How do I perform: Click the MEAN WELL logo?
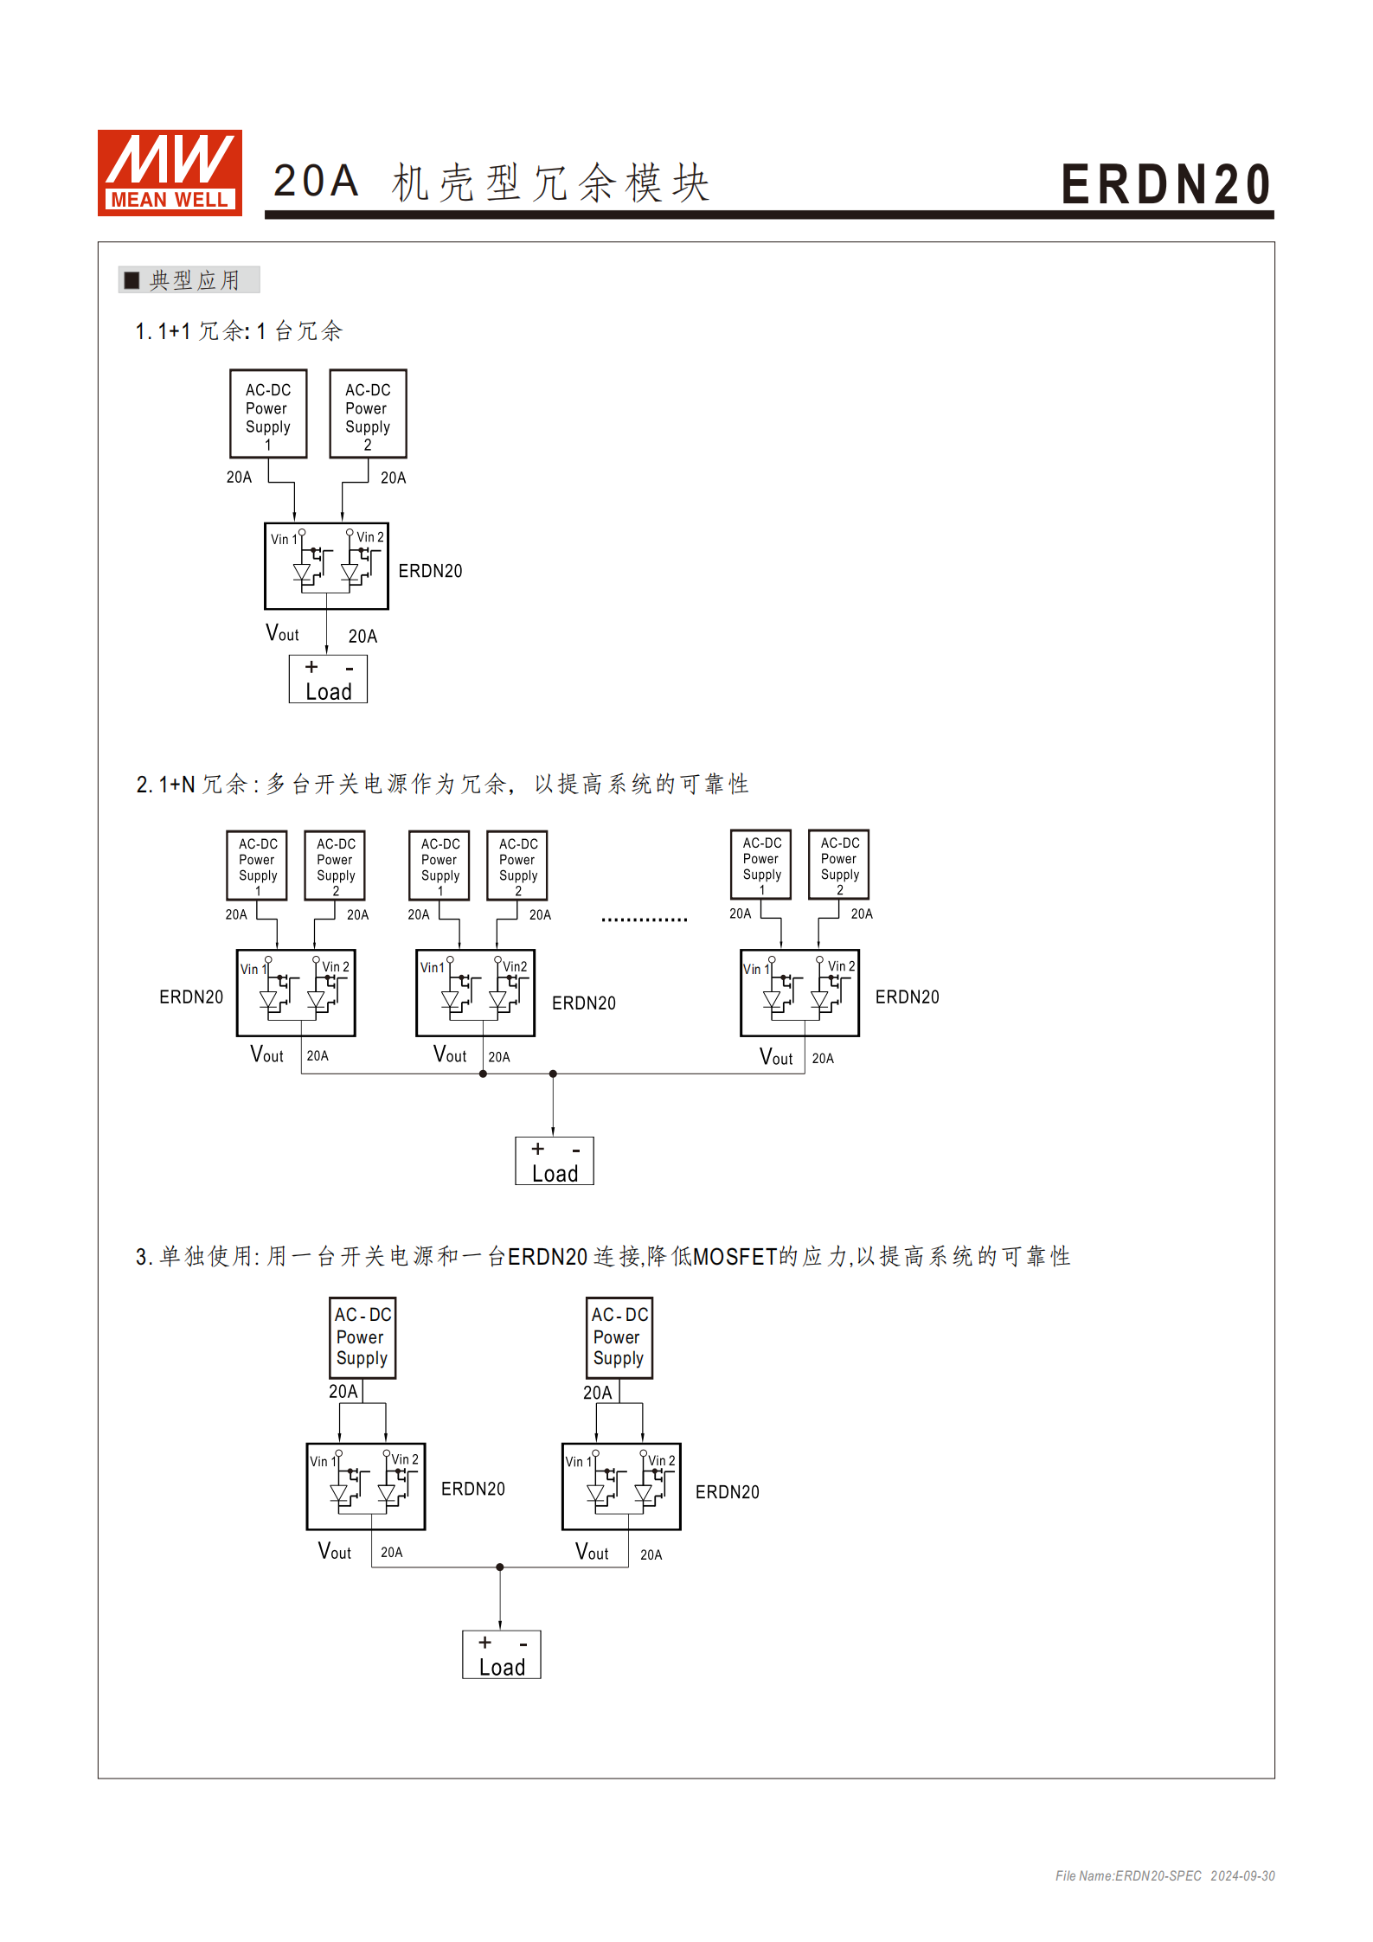tap(170, 172)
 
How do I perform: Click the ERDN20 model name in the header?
tap(1165, 184)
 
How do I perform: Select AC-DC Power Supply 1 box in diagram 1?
tap(268, 413)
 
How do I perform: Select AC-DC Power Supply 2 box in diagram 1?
tap(368, 413)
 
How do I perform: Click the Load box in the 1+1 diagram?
tap(328, 679)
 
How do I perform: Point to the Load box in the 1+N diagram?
tap(555, 1161)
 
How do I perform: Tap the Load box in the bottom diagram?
tap(502, 1655)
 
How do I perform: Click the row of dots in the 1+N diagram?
tap(645, 920)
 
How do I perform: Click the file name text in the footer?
tap(1128, 1875)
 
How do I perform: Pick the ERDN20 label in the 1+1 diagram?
tap(430, 571)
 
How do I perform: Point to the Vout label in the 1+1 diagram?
tap(282, 634)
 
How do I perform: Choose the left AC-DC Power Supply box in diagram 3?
tap(362, 1337)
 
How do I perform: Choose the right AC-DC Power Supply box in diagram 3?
tap(619, 1337)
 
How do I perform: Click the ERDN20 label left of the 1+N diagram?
tap(191, 997)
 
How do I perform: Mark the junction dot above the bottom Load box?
tap(500, 1567)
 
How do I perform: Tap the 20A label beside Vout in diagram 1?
tap(362, 637)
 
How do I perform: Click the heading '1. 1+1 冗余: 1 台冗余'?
tap(239, 331)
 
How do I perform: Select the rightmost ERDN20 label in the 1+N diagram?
tap(907, 997)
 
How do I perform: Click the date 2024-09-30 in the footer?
tap(1242, 1875)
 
